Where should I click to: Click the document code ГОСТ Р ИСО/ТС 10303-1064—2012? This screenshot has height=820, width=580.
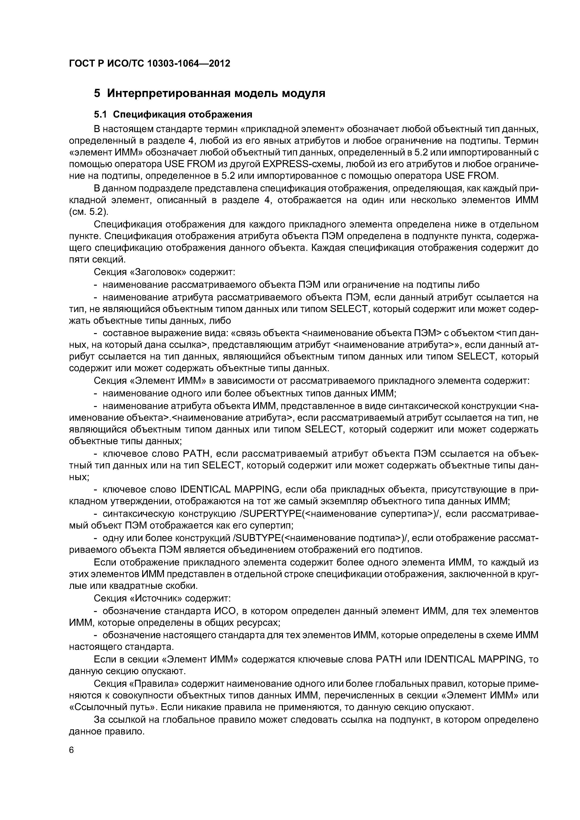tap(149, 64)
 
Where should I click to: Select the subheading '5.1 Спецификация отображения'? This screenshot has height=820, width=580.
tap(173, 114)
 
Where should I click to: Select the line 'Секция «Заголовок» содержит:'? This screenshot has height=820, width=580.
tap(164, 272)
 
